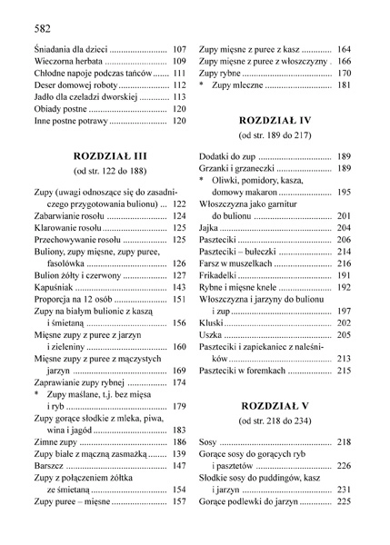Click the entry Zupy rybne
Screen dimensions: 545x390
click(x=222, y=73)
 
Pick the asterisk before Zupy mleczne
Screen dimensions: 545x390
click(x=203, y=85)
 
